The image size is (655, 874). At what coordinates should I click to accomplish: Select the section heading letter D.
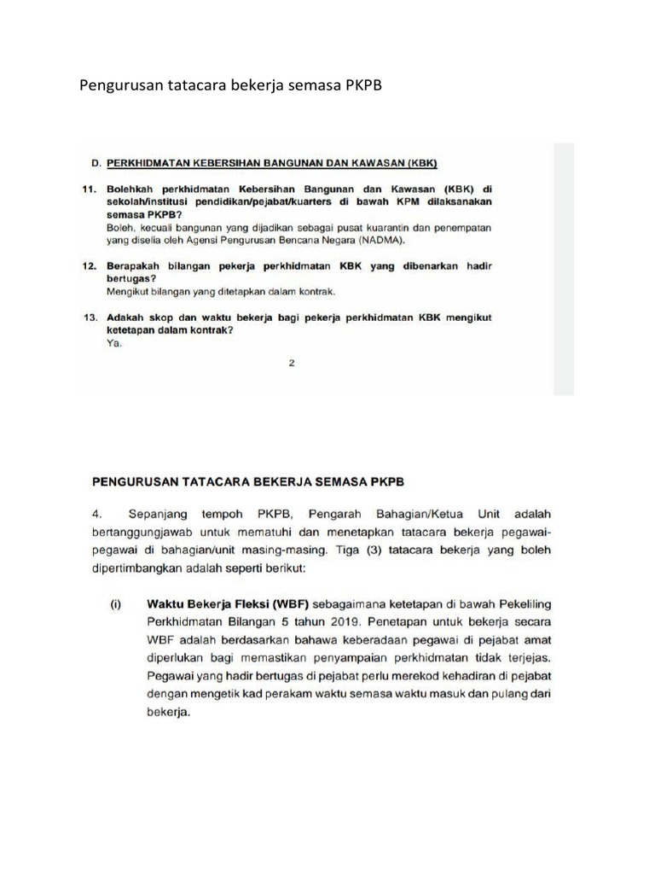[96, 162]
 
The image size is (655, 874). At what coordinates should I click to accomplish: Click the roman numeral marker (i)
[113, 603]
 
